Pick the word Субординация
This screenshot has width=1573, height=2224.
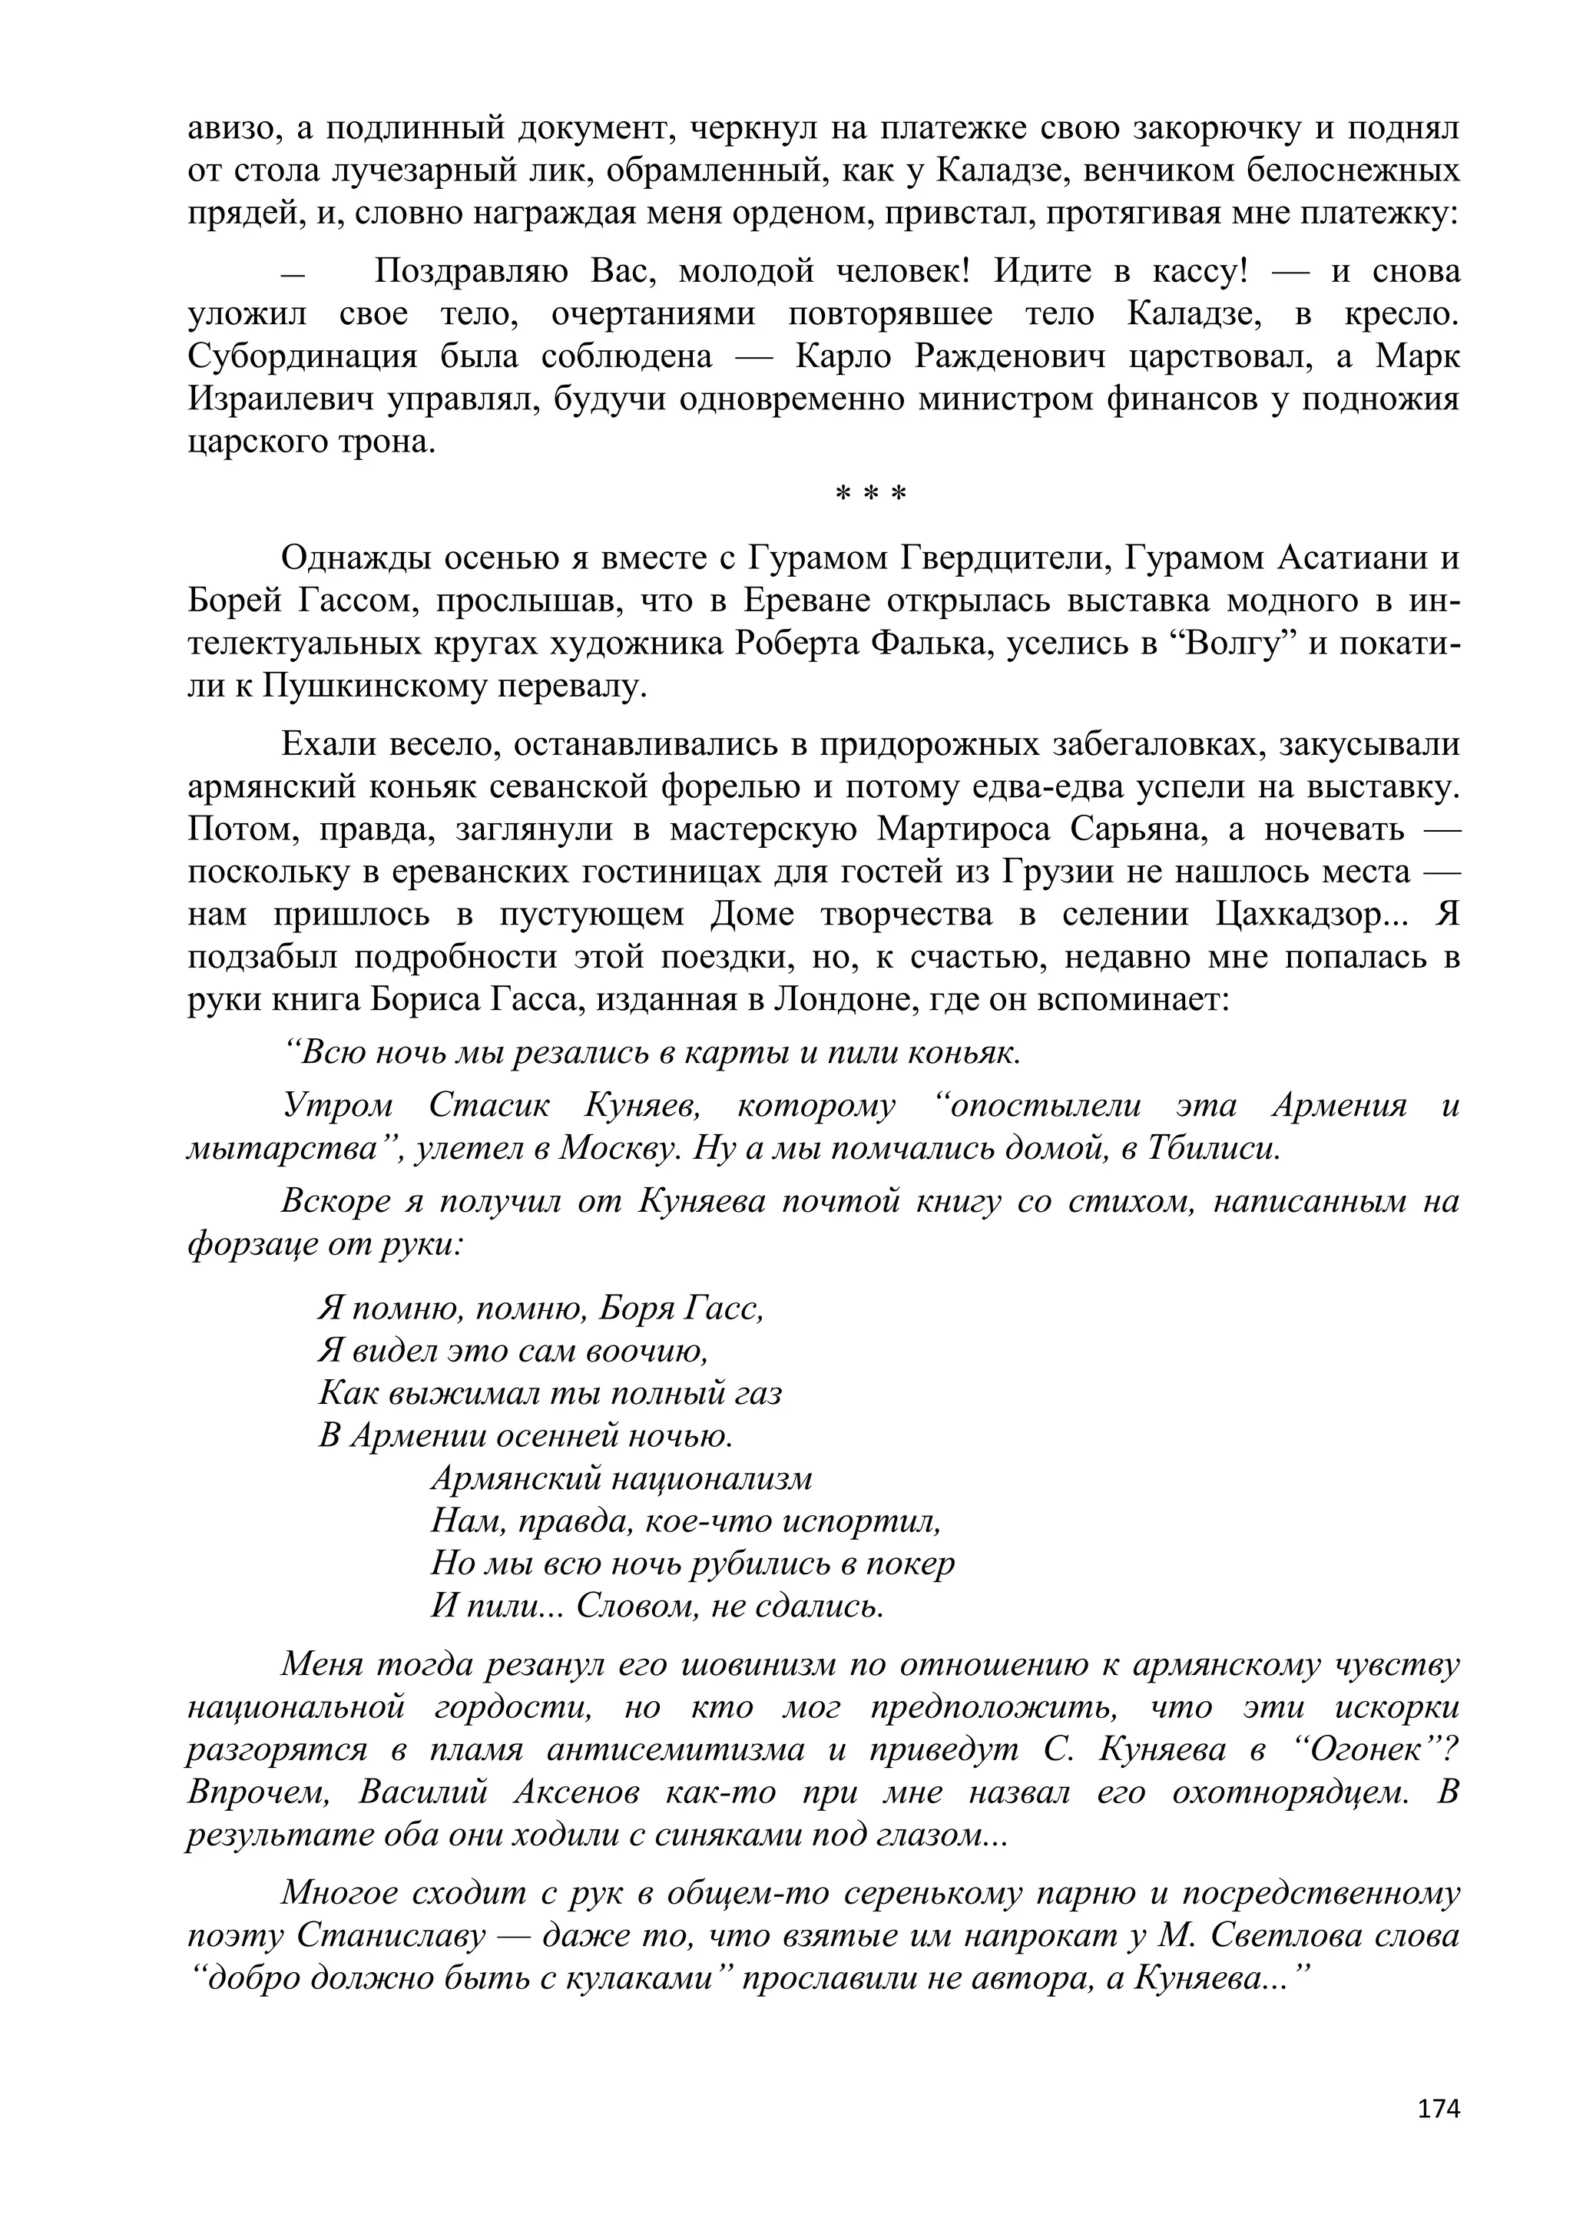point(301,356)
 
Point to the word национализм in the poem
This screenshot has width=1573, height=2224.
point(713,1479)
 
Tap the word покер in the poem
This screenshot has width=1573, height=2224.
point(909,1564)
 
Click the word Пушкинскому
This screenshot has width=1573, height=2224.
point(367,687)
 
